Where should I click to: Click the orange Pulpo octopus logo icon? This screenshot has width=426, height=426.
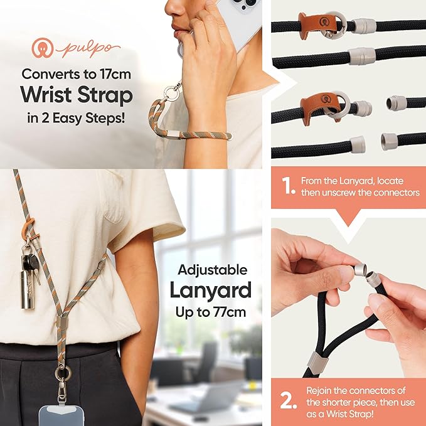pos(43,48)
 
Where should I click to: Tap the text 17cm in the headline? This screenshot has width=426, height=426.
pos(115,74)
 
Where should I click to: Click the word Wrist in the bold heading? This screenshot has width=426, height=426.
pos(46,95)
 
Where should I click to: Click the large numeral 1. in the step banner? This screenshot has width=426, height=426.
pos(288,186)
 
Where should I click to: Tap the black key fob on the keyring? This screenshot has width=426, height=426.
pos(30,262)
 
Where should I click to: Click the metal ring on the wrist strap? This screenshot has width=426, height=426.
pos(172,92)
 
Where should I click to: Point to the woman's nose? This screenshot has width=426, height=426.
pos(173,8)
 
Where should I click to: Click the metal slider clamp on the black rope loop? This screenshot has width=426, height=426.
pos(317,363)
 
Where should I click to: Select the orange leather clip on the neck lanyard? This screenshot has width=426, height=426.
pos(28,228)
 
